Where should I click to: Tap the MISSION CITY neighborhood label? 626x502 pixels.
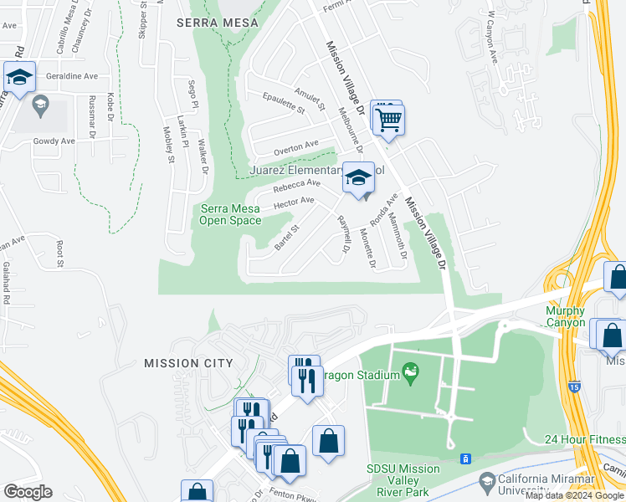point(188,362)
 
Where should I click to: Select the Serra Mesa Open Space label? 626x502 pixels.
point(228,215)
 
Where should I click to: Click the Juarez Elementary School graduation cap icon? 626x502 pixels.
point(358,179)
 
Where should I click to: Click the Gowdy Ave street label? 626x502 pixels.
point(54,141)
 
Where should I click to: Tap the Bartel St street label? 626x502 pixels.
point(287,237)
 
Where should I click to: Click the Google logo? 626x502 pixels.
point(28,492)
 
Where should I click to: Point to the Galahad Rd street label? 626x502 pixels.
point(6,282)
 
